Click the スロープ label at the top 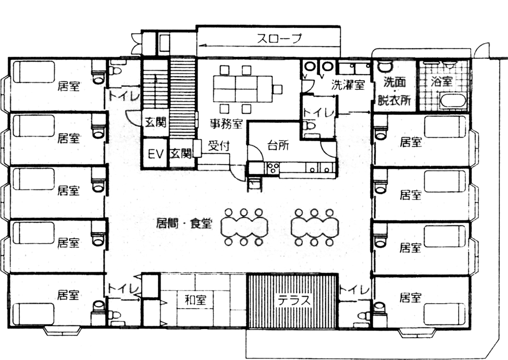click(279, 38)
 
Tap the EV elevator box click(154, 153)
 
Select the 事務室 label click(227, 122)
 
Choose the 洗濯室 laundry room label click(349, 85)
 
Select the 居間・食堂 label click(185, 222)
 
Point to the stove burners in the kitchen click(273, 168)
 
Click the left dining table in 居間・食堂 click(244, 227)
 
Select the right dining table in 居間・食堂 click(314, 227)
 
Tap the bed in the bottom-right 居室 click(445, 314)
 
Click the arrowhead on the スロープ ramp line click(201, 45)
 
